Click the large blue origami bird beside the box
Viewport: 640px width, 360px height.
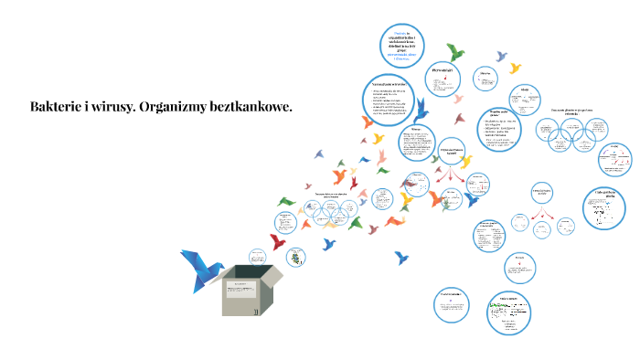point(201,268)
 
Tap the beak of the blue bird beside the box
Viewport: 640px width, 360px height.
point(223,264)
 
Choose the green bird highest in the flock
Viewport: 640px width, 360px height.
point(454,51)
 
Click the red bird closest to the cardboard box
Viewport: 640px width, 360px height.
point(278,241)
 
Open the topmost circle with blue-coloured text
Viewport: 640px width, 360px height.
point(404,44)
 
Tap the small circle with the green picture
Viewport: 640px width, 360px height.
point(294,257)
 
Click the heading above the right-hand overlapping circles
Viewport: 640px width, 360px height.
point(572,111)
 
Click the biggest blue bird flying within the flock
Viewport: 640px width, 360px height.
point(421,111)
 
